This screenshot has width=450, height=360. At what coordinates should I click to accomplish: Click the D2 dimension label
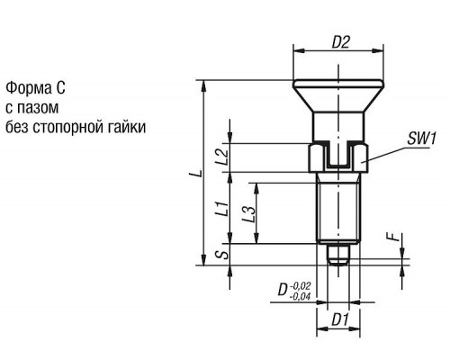[340, 43]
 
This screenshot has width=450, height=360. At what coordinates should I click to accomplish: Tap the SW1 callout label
[421, 139]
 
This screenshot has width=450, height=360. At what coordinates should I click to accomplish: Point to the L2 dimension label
[222, 157]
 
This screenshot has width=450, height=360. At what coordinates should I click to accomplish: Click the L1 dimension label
[222, 209]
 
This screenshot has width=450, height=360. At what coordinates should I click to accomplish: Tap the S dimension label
[222, 255]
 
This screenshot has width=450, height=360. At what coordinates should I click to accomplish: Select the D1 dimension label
[340, 320]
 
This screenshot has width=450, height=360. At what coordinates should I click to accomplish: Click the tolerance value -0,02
[301, 284]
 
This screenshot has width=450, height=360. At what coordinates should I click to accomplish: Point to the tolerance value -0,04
[300, 297]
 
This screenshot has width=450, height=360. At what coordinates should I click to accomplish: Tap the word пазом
[38, 108]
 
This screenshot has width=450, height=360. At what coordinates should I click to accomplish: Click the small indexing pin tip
[338, 256]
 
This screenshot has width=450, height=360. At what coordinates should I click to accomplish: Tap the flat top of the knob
[338, 83]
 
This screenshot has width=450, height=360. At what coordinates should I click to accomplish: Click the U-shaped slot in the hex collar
[338, 156]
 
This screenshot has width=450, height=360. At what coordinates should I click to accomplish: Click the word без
[16, 127]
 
